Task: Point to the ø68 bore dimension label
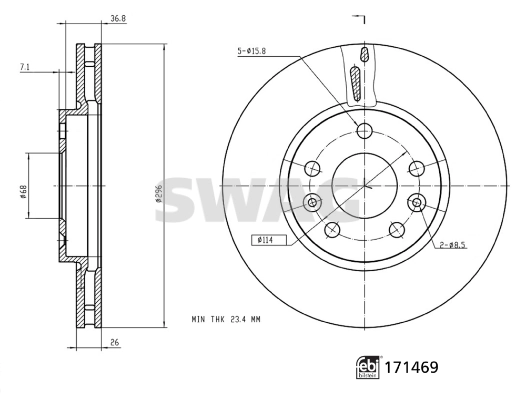(22, 185)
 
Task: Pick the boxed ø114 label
(267, 240)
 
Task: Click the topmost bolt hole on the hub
(364, 130)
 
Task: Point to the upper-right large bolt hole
(414, 167)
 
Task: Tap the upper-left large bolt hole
(313, 167)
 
